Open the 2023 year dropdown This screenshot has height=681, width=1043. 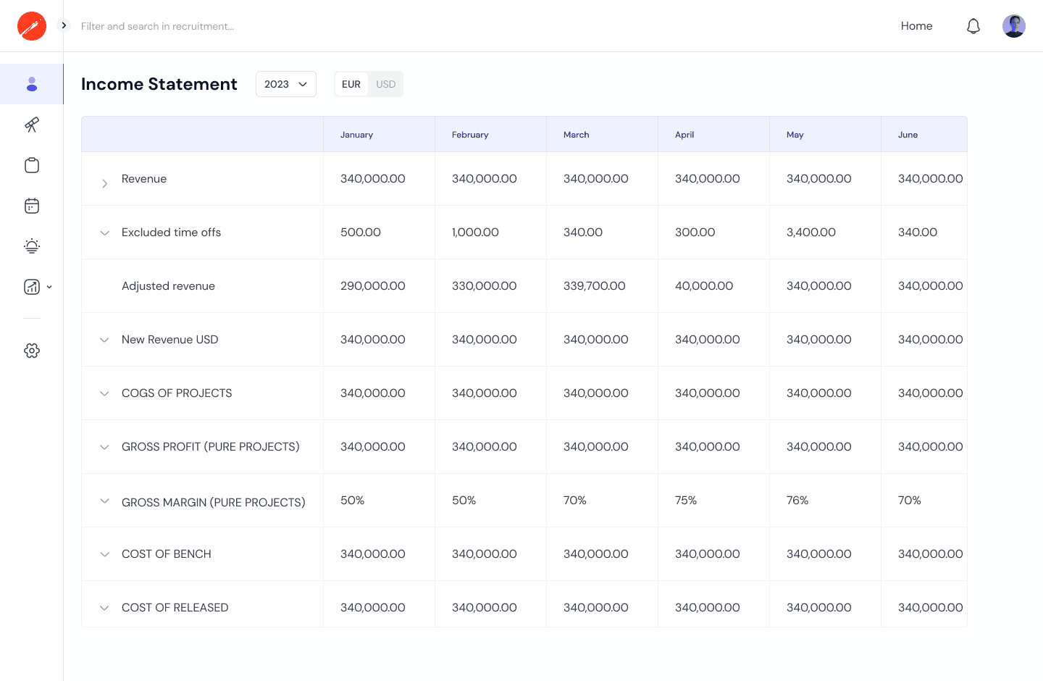pyautogui.click(x=286, y=84)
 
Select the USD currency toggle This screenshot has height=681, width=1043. pyautogui.click(x=385, y=84)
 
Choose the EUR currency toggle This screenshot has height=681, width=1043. pyautogui.click(x=351, y=84)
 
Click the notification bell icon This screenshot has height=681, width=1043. pyautogui.click(x=973, y=26)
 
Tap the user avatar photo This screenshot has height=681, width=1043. pyautogui.click(x=1013, y=26)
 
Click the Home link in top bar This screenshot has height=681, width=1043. pyautogui.click(x=916, y=26)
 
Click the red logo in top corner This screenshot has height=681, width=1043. pyautogui.click(x=32, y=26)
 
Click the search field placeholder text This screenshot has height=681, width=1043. pyautogui.click(x=157, y=26)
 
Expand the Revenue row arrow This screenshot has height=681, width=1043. pyautogui.click(x=104, y=183)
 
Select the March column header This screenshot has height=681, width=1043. pyautogui.click(x=576, y=135)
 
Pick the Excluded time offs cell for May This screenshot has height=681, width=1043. pyautogui.click(x=810, y=233)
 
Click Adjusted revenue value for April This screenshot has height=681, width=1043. pyautogui.click(x=703, y=286)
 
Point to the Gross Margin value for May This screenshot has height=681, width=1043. pyautogui.click(x=797, y=501)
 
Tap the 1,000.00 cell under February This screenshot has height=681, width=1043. pyautogui.click(x=475, y=233)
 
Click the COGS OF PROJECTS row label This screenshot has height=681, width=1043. pyautogui.click(x=177, y=393)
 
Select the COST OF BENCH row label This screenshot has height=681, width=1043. pyautogui.click(x=167, y=554)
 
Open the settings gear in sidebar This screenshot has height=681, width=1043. pyautogui.click(x=32, y=351)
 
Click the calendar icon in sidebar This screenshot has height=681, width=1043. pyautogui.click(x=32, y=206)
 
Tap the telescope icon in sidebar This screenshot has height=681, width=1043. pyautogui.click(x=32, y=125)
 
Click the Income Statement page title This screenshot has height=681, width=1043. pyautogui.click(x=159, y=84)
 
